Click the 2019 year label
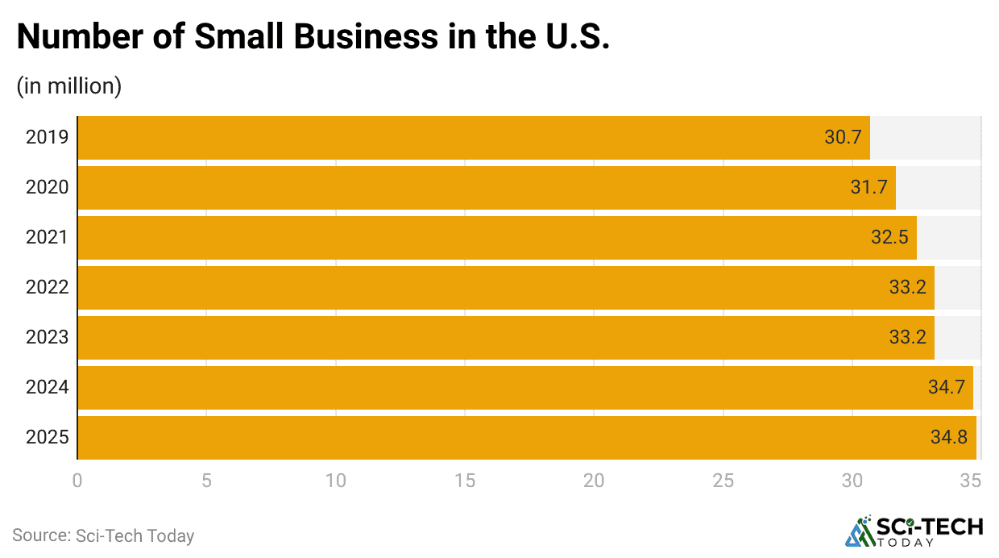(48, 137)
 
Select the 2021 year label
(48, 237)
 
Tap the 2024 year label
(48, 387)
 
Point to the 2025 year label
(48, 437)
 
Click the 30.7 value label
(843, 137)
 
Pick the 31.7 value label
(868, 187)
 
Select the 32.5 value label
(889, 237)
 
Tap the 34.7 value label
(946, 387)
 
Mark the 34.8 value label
(949, 437)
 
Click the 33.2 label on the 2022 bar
(907, 287)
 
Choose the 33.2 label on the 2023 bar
(907, 337)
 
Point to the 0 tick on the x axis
(77, 481)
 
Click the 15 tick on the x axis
(465, 481)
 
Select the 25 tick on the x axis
(723, 481)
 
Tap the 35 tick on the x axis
(971, 481)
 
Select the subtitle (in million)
(69, 86)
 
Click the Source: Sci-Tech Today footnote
(103, 535)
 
